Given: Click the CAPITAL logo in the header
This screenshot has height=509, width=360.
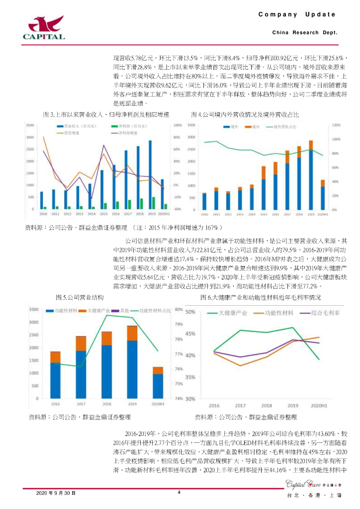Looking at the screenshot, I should [44, 27].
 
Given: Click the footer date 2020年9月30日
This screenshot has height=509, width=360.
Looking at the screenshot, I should [56, 493].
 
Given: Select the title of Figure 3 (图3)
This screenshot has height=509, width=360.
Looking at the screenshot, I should [106, 115].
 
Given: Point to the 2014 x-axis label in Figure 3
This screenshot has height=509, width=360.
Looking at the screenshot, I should [91, 214].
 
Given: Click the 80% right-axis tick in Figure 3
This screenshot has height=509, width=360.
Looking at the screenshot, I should [177, 137].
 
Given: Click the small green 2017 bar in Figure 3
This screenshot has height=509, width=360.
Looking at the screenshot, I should [130, 204].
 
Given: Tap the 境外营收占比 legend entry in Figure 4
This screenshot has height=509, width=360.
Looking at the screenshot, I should [287, 126].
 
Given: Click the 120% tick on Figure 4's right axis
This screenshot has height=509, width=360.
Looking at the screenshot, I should [336, 125].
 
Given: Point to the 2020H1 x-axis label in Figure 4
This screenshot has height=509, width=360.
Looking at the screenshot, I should [323, 214].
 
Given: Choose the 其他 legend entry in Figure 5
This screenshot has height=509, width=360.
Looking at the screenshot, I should [123, 310].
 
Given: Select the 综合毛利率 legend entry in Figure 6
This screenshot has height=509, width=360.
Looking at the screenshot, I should [322, 313].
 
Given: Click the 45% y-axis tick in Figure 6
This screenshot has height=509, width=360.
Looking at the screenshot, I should [190, 334].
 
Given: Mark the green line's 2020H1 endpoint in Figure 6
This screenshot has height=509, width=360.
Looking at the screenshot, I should [318, 359].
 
